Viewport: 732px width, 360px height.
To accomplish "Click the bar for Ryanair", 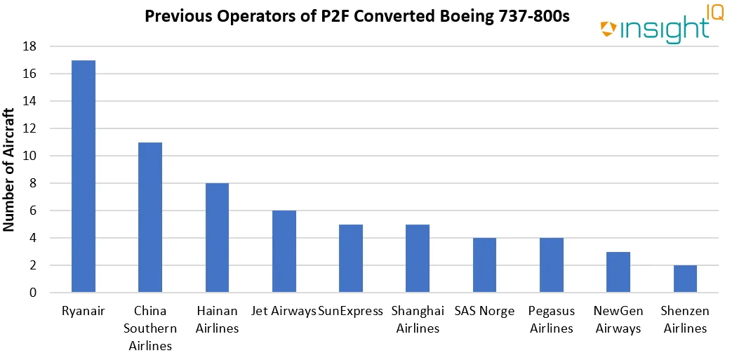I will click(x=84, y=176).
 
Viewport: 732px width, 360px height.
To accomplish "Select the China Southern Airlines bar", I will click(x=150, y=218).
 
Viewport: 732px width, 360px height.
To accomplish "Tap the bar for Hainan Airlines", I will click(x=217, y=238).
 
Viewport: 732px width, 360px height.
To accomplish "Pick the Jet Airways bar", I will click(x=284, y=251).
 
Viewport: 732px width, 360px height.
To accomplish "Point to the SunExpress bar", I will click(x=351, y=258).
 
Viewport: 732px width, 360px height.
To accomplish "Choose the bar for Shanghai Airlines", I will click(x=418, y=258).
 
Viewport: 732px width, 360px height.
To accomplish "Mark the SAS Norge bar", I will click(x=484, y=265).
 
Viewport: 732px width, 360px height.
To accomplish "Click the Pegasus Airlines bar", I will click(x=552, y=265).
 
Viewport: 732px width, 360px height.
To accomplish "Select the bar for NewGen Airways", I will click(x=618, y=272).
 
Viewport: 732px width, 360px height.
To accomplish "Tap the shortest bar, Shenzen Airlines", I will click(x=685, y=279).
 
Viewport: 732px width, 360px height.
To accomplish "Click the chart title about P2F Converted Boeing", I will click(x=357, y=15).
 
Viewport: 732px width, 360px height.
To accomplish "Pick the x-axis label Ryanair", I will click(x=84, y=311).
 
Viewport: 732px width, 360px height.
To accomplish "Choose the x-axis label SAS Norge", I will click(x=484, y=311).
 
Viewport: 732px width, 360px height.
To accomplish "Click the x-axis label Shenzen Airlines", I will click(x=685, y=319).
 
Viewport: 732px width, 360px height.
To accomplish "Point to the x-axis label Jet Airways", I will click(x=283, y=311).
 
